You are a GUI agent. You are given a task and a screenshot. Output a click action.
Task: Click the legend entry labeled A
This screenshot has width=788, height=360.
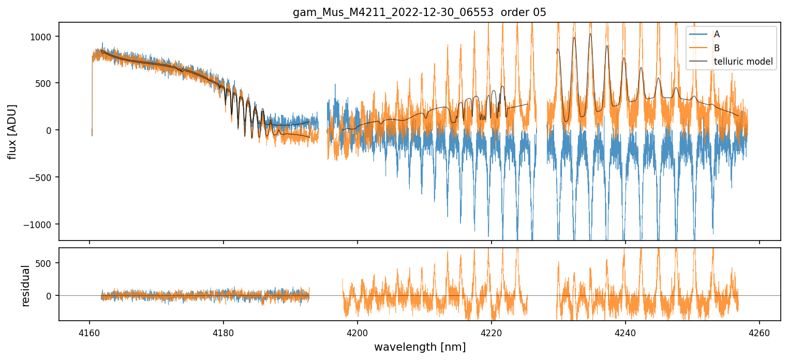(x=717, y=34)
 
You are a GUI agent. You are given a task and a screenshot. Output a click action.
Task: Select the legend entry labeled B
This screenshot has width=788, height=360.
(x=717, y=48)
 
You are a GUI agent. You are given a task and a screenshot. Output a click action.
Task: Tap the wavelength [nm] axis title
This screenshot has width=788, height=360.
(x=420, y=347)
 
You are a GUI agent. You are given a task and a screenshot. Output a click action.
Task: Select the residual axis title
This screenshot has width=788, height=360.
(x=25, y=284)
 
